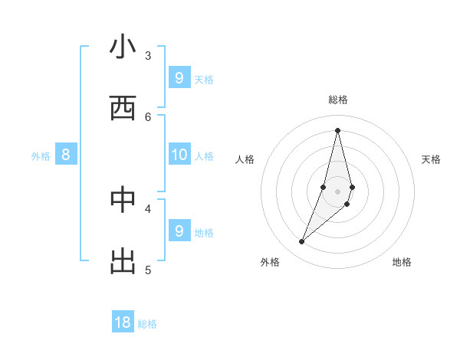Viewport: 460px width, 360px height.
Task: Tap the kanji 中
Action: click(x=123, y=200)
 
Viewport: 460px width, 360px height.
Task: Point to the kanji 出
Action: click(x=123, y=261)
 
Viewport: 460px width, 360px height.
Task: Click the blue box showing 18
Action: click(x=123, y=322)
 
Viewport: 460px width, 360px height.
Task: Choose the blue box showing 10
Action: click(x=179, y=155)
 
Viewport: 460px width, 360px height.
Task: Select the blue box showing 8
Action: click(x=66, y=155)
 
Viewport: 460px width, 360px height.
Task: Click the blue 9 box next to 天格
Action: click(x=179, y=78)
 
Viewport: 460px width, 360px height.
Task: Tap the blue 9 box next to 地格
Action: click(x=179, y=231)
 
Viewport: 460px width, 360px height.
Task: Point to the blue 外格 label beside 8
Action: click(x=41, y=156)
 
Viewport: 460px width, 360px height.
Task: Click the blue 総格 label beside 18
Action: click(x=147, y=324)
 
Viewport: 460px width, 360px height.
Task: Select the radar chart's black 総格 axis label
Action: click(x=337, y=100)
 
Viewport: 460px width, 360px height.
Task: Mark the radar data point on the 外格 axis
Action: click(x=302, y=242)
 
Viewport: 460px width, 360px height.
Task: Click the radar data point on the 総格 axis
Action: click(x=337, y=130)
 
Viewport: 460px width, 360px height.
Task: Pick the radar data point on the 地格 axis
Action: click(x=347, y=204)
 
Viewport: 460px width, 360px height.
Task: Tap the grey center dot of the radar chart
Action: click(x=337, y=191)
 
